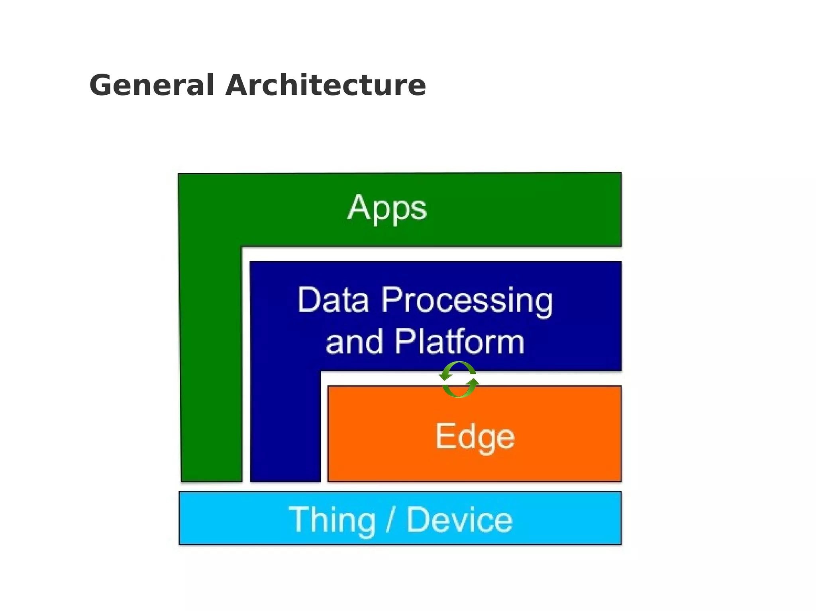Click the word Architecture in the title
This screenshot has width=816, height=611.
click(326, 85)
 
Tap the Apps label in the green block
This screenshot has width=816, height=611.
click(387, 208)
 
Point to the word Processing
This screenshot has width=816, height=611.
click(467, 301)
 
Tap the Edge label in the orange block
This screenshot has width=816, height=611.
click(475, 437)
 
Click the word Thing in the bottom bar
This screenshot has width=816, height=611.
click(332, 520)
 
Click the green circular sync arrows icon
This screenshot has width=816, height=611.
click(459, 379)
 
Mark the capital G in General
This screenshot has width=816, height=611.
click(101, 85)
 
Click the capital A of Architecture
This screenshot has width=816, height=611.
click(237, 85)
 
